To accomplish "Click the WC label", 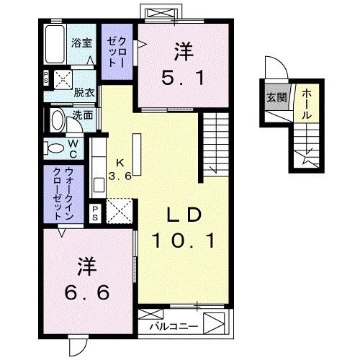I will coord(74,148).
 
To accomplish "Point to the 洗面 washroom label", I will coord(82,114).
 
